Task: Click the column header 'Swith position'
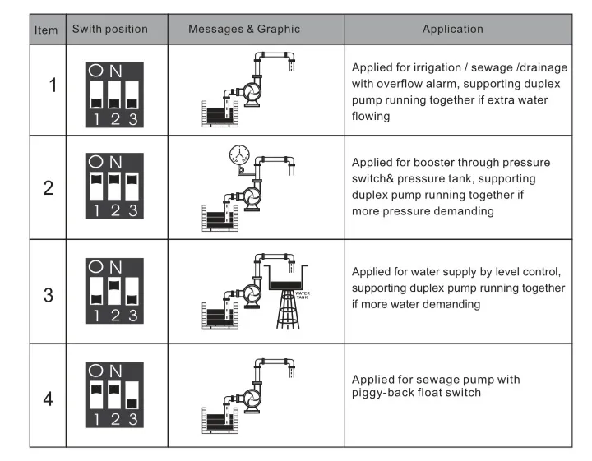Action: pos(110,30)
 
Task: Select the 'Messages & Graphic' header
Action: pos(244,30)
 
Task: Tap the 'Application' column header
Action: pos(452,30)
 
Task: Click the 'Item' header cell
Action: pos(47,30)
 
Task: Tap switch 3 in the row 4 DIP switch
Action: pos(132,398)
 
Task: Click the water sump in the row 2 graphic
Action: pos(218,221)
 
